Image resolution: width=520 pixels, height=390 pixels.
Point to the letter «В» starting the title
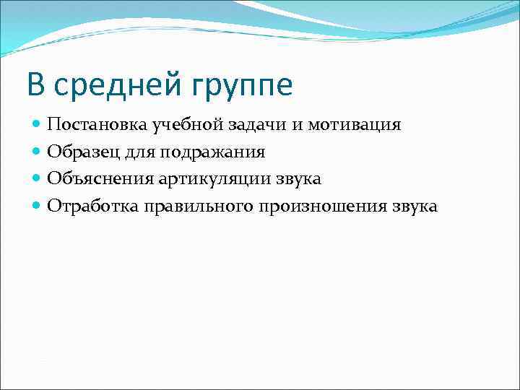pos(35,85)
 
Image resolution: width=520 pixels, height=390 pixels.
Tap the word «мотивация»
pos(355,126)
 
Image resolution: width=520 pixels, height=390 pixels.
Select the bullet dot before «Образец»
pos(37,152)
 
